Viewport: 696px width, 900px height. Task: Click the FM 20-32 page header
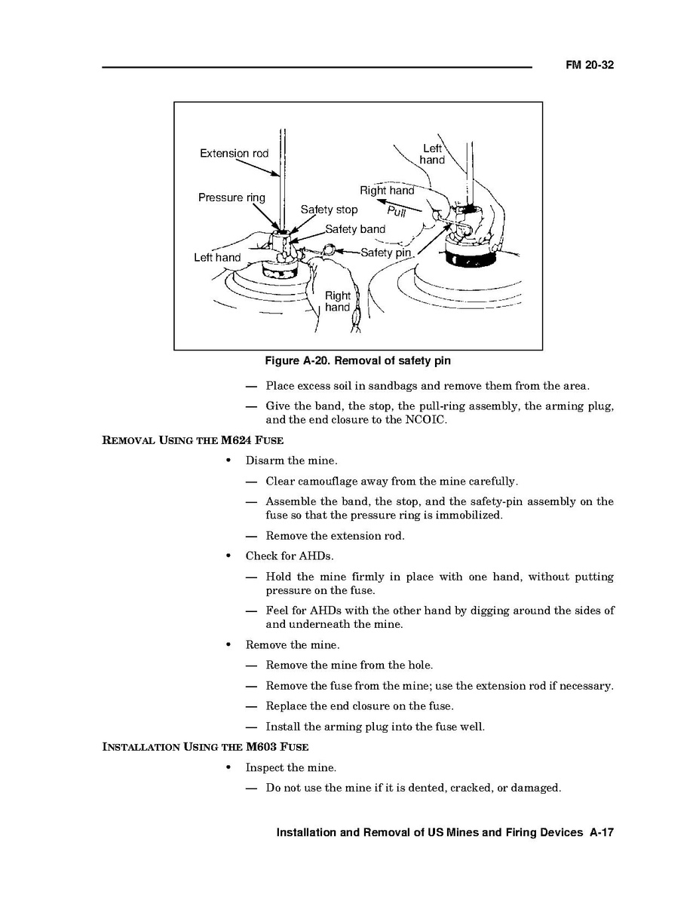click(x=590, y=66)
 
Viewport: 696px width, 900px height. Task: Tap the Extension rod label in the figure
click(x=234, y=154)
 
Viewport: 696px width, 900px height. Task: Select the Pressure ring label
click(x=231, y=197)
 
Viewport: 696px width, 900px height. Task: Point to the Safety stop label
click(x=329, y=210)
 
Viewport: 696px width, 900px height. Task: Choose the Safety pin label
click(x=386, y=253)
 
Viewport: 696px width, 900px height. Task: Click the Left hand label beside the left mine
click(x=217, y=258)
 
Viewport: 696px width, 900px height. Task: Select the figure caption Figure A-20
click(x=357, y=361)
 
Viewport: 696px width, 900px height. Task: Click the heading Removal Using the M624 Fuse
click(x=192, y=440)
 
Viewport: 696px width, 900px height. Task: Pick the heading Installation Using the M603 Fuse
click(x=205, y=747)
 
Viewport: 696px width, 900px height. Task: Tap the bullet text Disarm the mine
click(x=291, y=461)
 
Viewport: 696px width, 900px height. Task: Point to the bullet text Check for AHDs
click(x=290, y=556)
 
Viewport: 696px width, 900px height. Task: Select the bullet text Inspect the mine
click(x=290, y=767)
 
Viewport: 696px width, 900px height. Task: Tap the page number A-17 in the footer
click(x=602, y=833)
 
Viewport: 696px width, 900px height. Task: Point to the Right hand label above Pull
click(x=387, y=191)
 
